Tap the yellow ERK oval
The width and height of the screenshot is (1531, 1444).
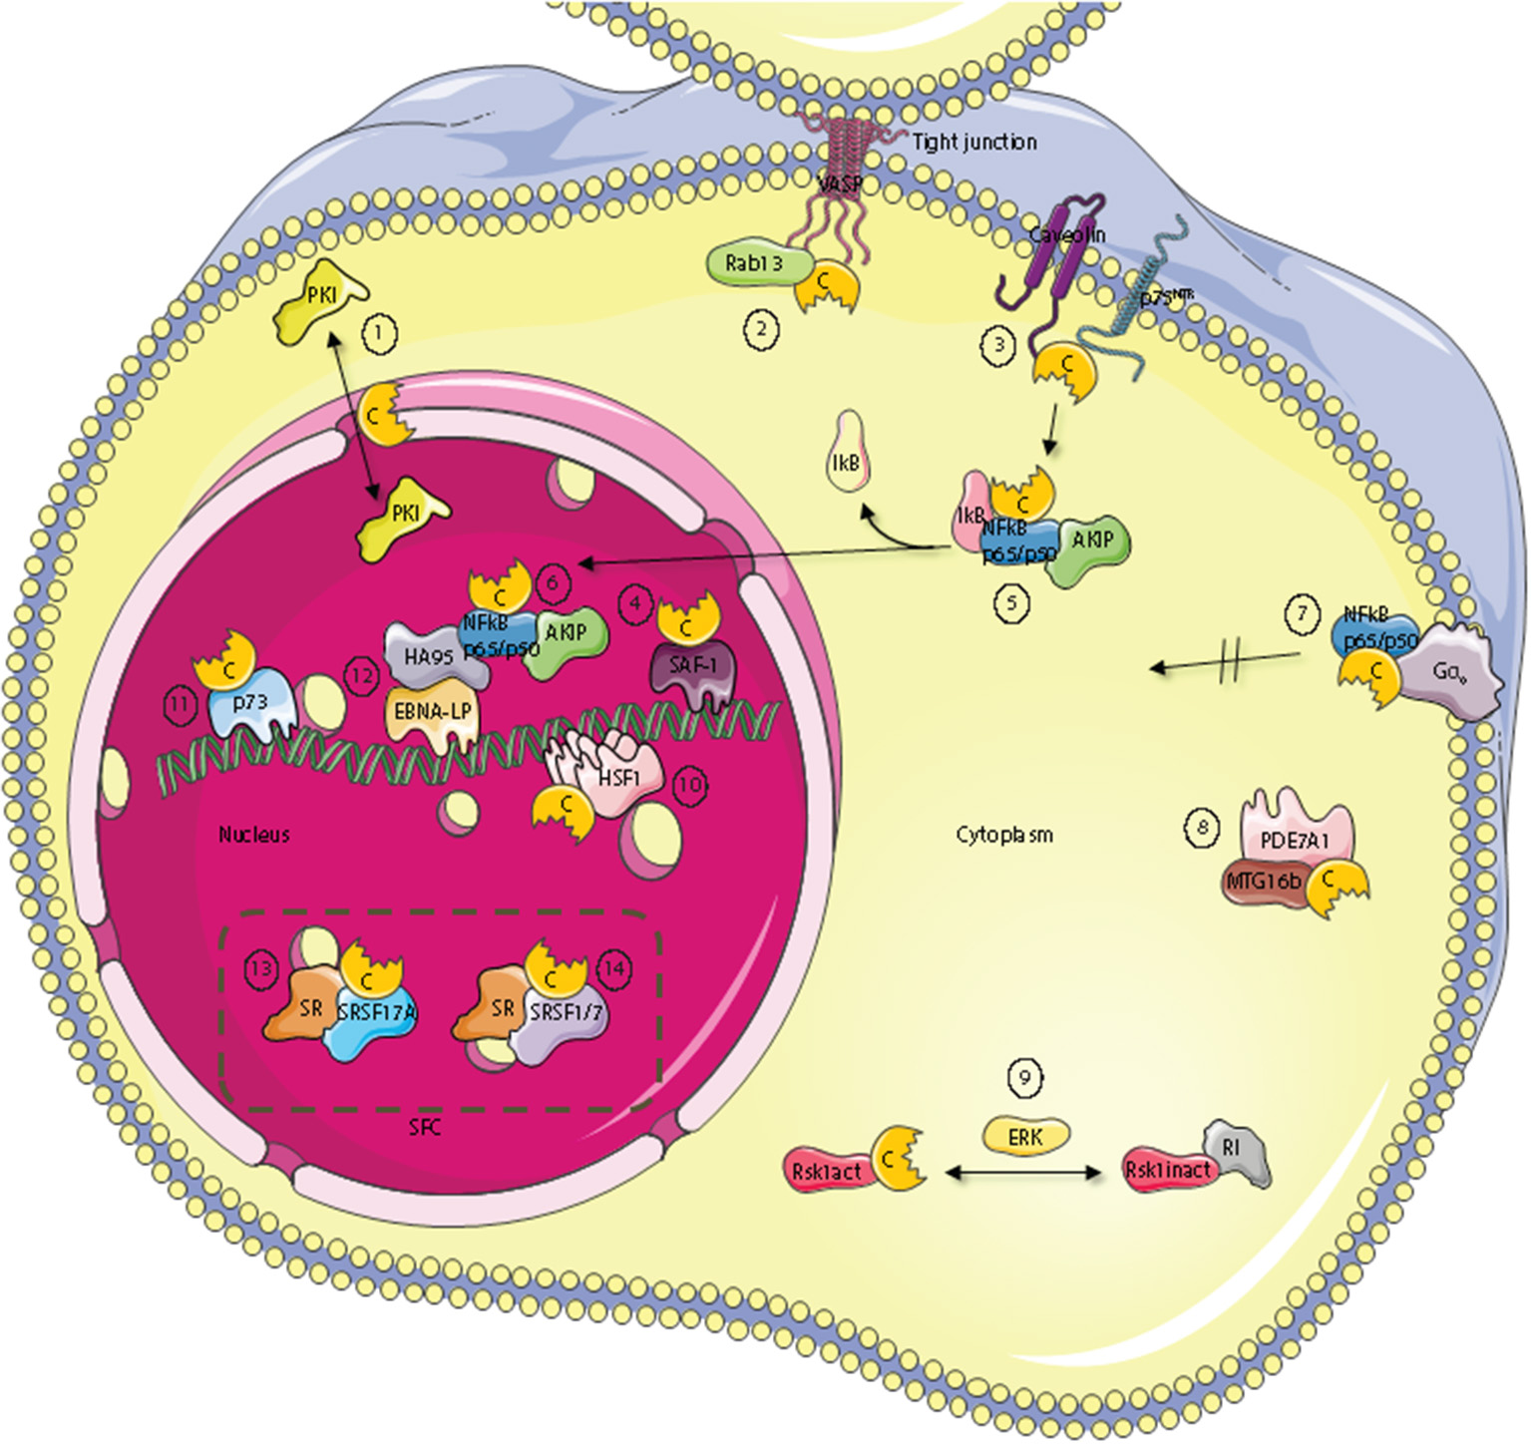(x=1026, y=1135)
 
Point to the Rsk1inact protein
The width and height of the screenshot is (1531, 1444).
(x=1167, y=1170)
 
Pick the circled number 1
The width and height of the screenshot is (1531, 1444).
(x=379, y=333)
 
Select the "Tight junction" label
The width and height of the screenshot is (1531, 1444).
(x=974, y=143)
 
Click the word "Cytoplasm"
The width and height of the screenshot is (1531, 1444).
(x=1003, y=835)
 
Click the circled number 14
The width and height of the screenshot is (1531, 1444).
(x=614, y=968)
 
